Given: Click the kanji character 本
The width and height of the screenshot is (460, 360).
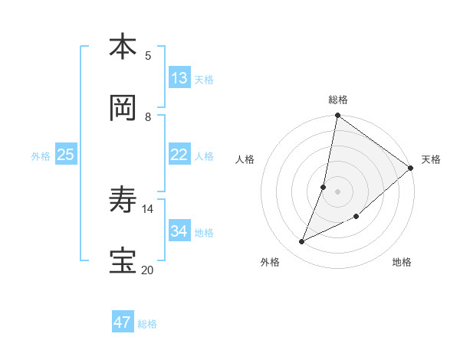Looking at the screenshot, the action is click(x=123, y=47).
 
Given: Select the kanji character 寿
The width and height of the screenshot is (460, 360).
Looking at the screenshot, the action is click(x=123, y=200).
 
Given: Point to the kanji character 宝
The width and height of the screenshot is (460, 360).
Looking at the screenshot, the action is click(x=123, y=261).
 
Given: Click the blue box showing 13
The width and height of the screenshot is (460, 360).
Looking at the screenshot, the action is click(x=179, y=77).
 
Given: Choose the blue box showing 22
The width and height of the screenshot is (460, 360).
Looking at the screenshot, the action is click(x=179, y=154).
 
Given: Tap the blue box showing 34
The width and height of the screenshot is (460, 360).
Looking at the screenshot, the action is click(x=179, y=231).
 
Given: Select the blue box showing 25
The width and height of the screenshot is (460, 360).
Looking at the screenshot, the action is click(x=66, y=154).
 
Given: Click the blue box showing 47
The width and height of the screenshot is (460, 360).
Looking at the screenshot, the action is click(x=123, y=322).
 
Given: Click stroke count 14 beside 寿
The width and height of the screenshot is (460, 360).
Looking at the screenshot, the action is click(x=147, y=208).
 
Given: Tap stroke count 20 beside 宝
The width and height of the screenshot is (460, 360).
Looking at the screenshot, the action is click(x=147, y=270).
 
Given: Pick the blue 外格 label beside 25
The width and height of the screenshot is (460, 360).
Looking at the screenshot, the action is click(x=41, y=155).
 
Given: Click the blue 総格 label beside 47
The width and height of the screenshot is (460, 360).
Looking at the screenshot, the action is click(x=147, y=324).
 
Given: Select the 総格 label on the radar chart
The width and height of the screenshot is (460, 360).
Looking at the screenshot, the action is click(x=338, y=100).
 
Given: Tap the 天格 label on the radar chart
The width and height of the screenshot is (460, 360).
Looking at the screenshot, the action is click(x=431, y=159).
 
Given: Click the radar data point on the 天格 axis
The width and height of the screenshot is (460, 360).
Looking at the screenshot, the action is click(x=411, y=168).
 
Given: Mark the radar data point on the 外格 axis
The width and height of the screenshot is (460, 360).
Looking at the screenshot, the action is click(x=302, y=242).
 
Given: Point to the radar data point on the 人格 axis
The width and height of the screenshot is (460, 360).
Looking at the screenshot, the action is click(x=324, y=187).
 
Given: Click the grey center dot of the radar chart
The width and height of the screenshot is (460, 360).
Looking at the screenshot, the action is click(x=338, y=191).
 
